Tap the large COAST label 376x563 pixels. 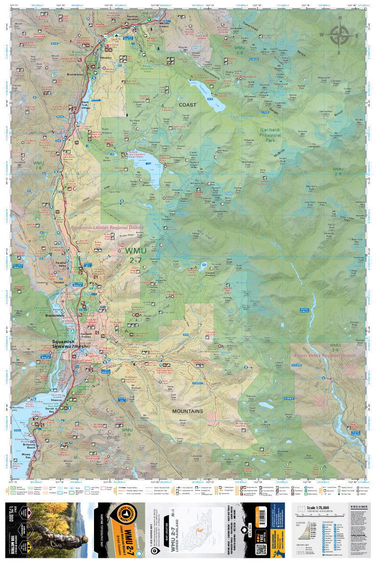[187, 105]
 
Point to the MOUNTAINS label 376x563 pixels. [187, 411]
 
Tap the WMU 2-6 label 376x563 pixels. [38, 166]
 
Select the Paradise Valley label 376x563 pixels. [62, 266]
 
